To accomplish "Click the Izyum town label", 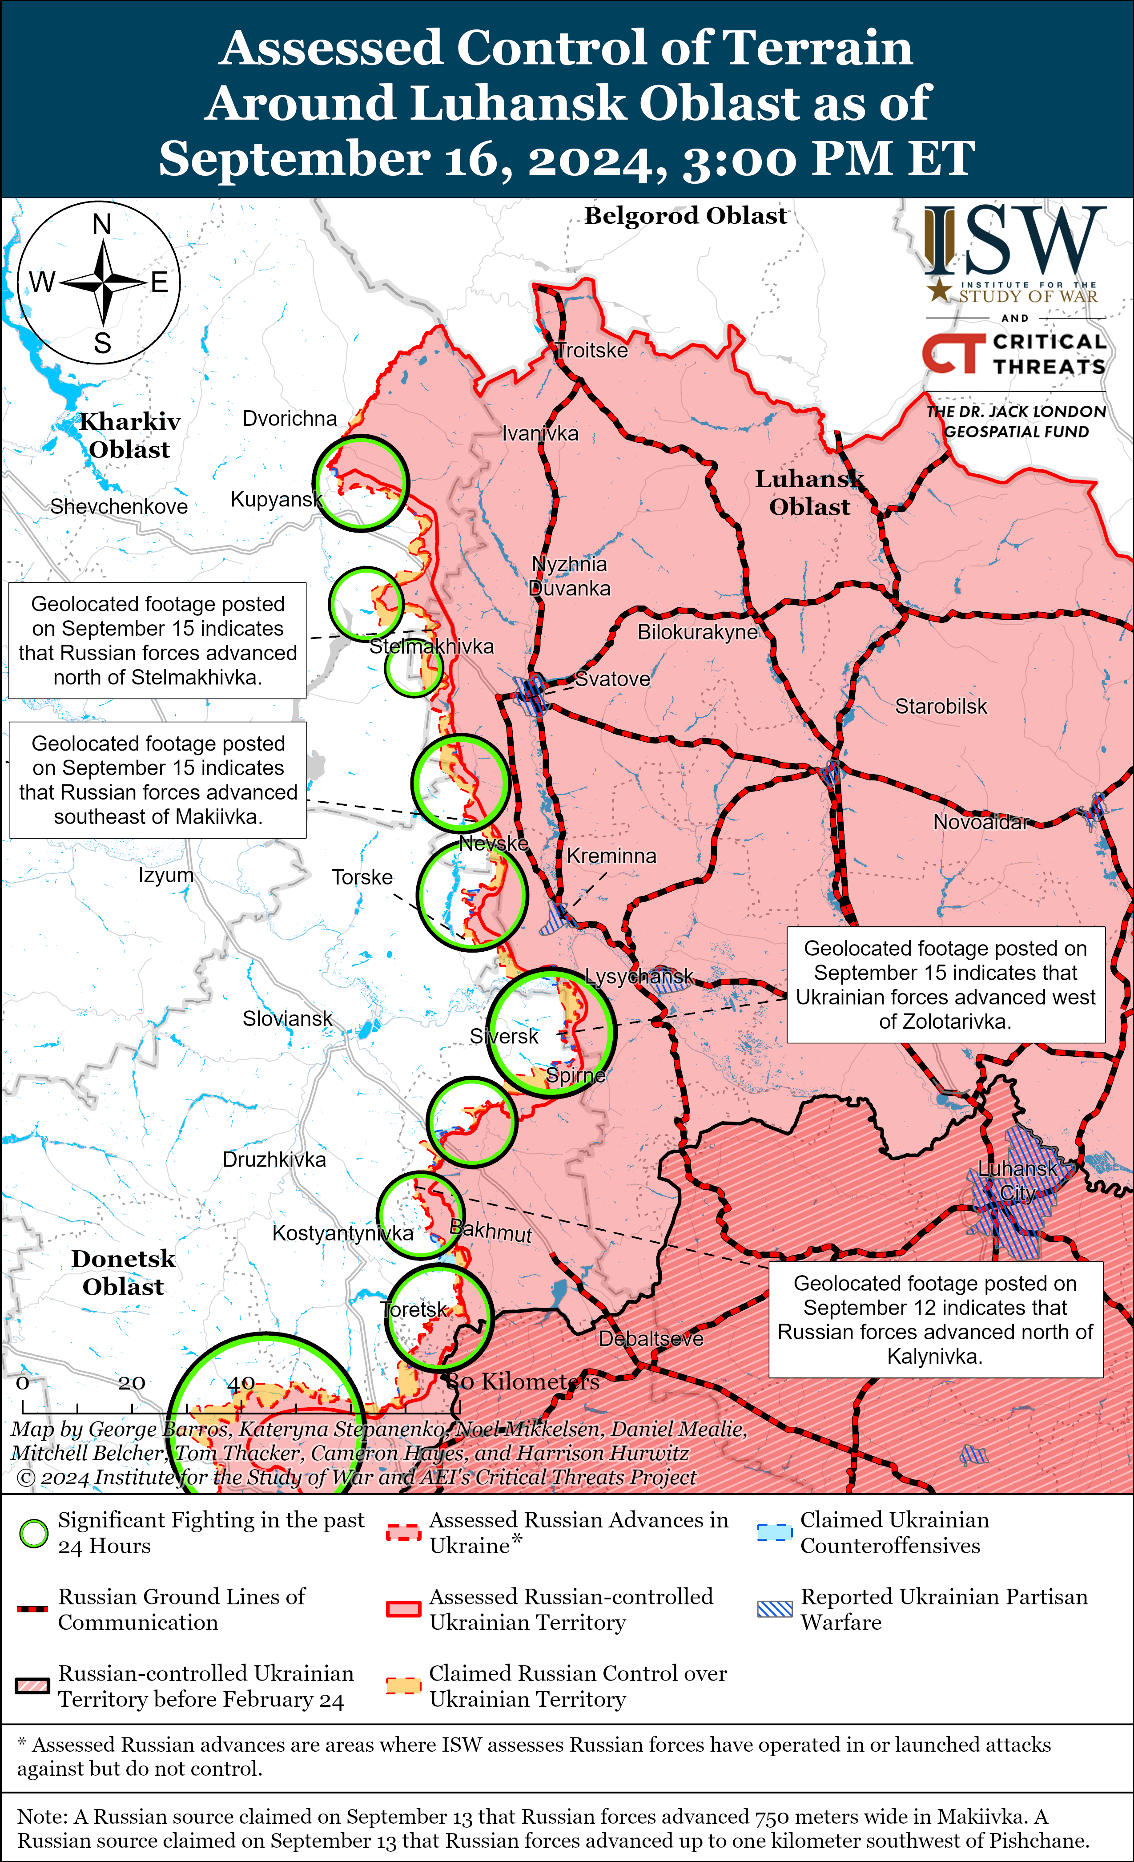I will tap(165, 875).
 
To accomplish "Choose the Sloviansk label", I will tap(287, 1019).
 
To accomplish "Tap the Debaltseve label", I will tap(651, 1338).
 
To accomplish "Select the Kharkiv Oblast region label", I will tap(129, 435).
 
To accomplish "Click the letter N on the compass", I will tap(101, 224).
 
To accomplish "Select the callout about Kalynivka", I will tap(935, 1320).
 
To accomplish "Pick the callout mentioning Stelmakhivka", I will tap(157, 640).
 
